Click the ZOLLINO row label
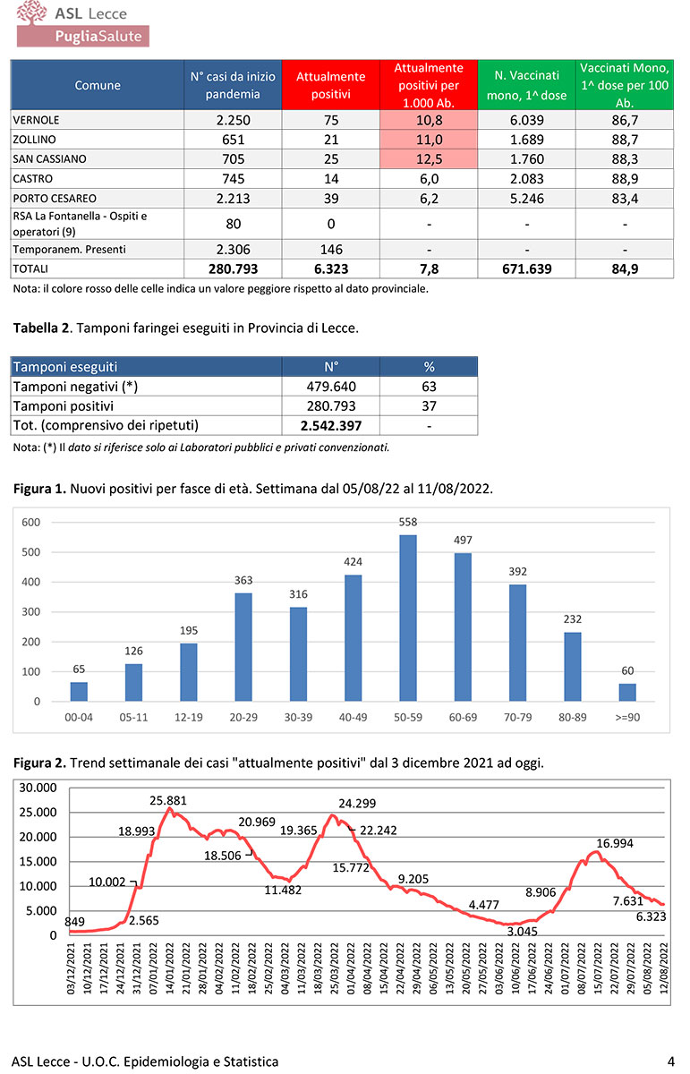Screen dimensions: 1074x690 (x=35, y=139)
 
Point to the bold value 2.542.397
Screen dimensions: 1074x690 (x=330, y=425)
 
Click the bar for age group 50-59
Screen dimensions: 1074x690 (x=407, y=618)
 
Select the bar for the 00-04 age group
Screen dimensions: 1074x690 (x=79, y=692)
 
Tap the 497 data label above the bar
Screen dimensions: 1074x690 (x=463, y=540)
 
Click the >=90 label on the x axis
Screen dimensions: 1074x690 (x=629, y=718)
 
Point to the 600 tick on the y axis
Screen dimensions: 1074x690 (x=30, y=523)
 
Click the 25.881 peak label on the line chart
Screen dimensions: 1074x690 (x=168, y=800)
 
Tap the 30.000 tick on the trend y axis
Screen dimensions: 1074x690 (x=38, y=788)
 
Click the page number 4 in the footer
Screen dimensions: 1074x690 (x=670, y=1061)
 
